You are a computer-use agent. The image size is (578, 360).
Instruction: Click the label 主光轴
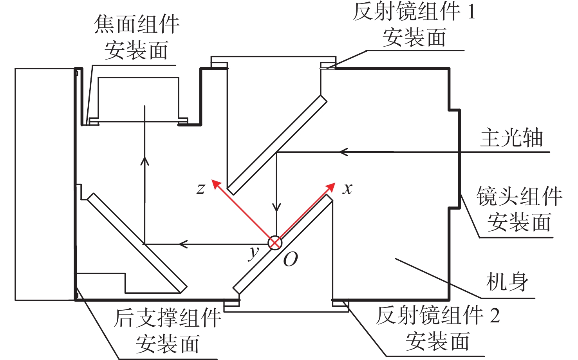tap(511, 138)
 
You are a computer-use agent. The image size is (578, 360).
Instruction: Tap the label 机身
tap(507, 282)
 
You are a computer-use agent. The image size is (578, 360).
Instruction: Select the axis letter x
tap(347, 189)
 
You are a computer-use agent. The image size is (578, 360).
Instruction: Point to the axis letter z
tap(201, 189)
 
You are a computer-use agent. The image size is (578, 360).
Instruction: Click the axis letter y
tap(253, 253)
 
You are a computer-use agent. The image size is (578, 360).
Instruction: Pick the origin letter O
tap(291, 259)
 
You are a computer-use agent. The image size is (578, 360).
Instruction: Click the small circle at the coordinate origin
tap(275, 242)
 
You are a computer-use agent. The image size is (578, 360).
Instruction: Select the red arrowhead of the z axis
tap(217, 185)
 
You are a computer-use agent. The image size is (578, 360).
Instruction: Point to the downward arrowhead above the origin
tap(276, 206)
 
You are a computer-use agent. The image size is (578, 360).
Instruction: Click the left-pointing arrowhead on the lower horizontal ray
tap(183, 244)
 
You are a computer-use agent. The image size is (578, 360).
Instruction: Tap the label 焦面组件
tap(137, 24)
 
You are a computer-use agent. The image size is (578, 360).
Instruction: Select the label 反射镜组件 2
tap(438, 315)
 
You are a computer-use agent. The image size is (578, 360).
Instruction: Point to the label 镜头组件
tap(519, 196)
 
